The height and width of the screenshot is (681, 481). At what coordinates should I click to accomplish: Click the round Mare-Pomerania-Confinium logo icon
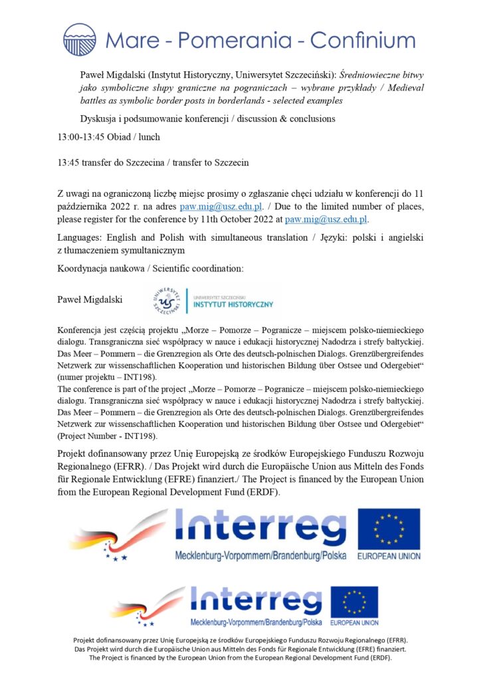pos(80,39)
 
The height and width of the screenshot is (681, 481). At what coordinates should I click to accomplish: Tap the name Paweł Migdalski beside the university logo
pos(90,300)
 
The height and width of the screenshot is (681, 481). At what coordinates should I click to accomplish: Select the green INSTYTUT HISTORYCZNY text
pos(233,305)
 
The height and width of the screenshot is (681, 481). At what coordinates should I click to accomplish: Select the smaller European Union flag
pos(354,603)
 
